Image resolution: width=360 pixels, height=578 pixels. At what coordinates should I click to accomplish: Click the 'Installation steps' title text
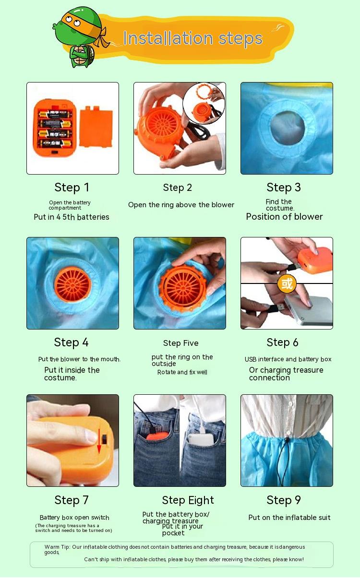click(x=192, y=38)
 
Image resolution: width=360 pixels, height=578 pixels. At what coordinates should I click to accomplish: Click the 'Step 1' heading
click(x=72, y=188)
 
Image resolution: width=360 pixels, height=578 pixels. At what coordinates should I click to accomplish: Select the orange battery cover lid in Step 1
click(x=96, y=127)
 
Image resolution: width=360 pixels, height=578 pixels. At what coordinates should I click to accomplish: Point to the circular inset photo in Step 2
click(x=204, y=103)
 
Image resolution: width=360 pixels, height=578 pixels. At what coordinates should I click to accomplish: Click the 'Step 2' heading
click(x=178, y=188)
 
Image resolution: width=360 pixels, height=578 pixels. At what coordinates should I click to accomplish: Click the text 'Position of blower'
click(x=284, y=216)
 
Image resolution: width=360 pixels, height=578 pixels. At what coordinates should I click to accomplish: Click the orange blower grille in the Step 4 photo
click(x=72, y=284)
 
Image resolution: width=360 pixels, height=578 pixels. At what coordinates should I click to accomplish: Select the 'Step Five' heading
click(x=181, y=343)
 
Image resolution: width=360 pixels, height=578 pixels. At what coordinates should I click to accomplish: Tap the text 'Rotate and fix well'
click(x=182, y=372)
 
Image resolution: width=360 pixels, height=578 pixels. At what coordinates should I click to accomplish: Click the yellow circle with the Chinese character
click(x=287, y=283)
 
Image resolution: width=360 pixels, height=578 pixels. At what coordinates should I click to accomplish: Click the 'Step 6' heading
click(x=283, y=342)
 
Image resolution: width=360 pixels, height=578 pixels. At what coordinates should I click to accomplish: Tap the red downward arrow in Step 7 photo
click(x=99, y=441)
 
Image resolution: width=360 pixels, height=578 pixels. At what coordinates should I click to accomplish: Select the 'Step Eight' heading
click(x=188, y=500)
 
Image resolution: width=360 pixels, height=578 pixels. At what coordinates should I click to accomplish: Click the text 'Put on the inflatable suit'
click(x=289, y=518)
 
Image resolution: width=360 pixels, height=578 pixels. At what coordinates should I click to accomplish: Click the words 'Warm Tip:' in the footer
click(x=57, y=547)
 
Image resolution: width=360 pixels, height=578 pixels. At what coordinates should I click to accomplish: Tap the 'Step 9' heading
click(x=284, y=500)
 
